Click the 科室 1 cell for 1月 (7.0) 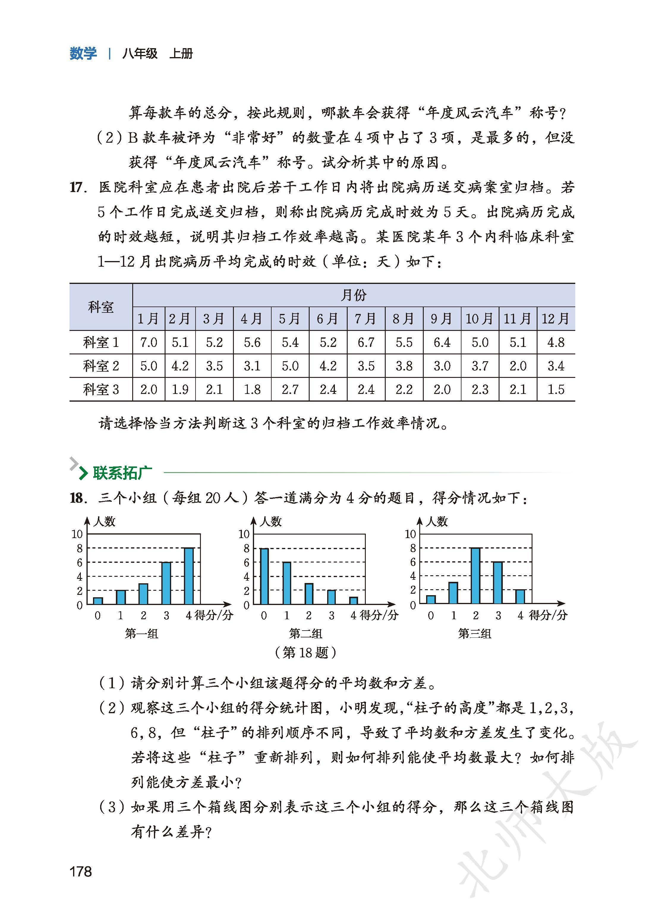point(148,342)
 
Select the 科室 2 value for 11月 point(518,366)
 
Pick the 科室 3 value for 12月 point(556,389)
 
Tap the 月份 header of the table point(353,295)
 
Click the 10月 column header point(480,319)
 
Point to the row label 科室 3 point(101,389)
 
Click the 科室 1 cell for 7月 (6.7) point(366,342)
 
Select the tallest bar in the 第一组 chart point(189,576)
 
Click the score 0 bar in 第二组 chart point(264,576)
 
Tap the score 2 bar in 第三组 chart point(475,576)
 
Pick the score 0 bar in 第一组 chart point(98,601)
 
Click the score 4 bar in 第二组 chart point(354,601)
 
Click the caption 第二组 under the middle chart point(305,634)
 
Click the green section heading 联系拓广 point(122,473)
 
